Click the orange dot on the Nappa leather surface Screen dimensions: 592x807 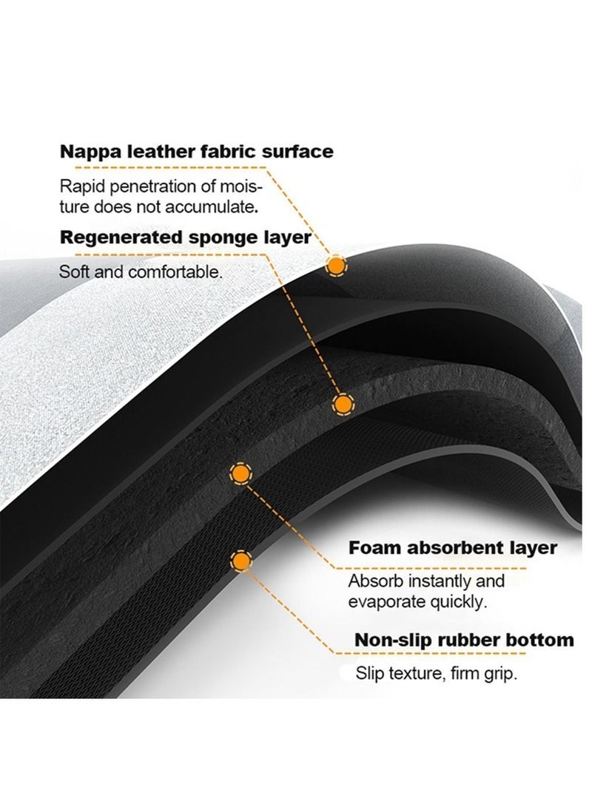[x=336, y=266]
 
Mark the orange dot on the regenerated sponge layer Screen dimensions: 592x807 [x=343, y=405]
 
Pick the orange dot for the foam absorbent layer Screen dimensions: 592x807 [x=240, y=473]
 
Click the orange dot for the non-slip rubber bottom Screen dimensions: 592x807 [x=240, y=561]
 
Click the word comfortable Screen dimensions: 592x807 [x=175, y=271]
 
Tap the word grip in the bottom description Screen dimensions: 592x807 [x=499, y=674]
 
